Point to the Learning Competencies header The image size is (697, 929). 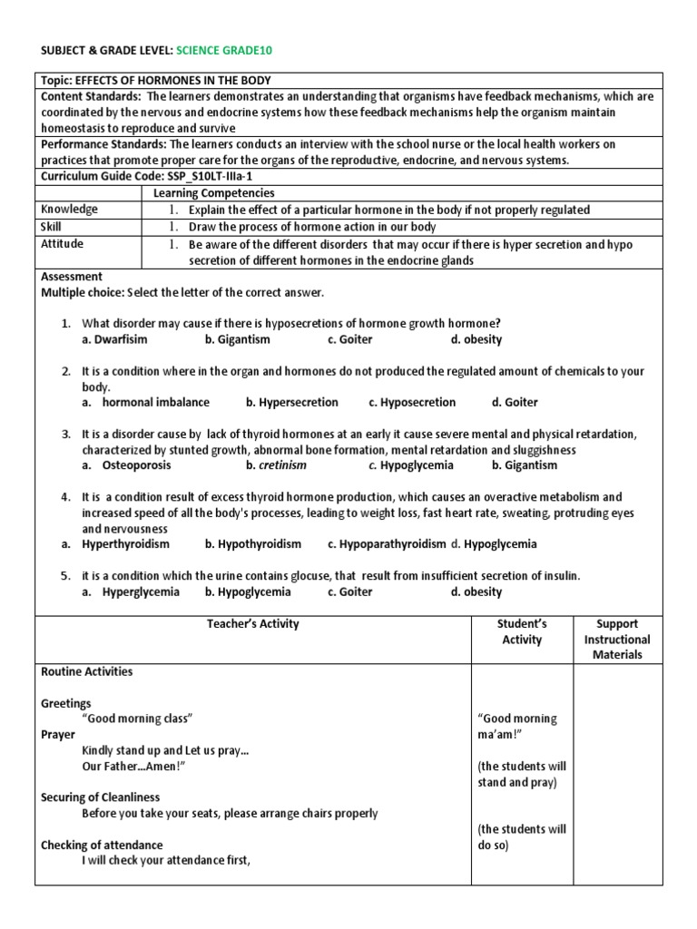tap(213, 193)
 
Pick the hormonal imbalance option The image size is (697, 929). tap(155, 402)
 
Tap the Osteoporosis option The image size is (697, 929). tap(136, 465)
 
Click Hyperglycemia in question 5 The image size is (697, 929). tap(141, 592)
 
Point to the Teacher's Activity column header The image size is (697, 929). tap(252, 624)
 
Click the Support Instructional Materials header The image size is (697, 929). tap(617, 639)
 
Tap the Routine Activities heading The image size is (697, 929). tap(87, 671)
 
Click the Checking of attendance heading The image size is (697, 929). tap(103, 845)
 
